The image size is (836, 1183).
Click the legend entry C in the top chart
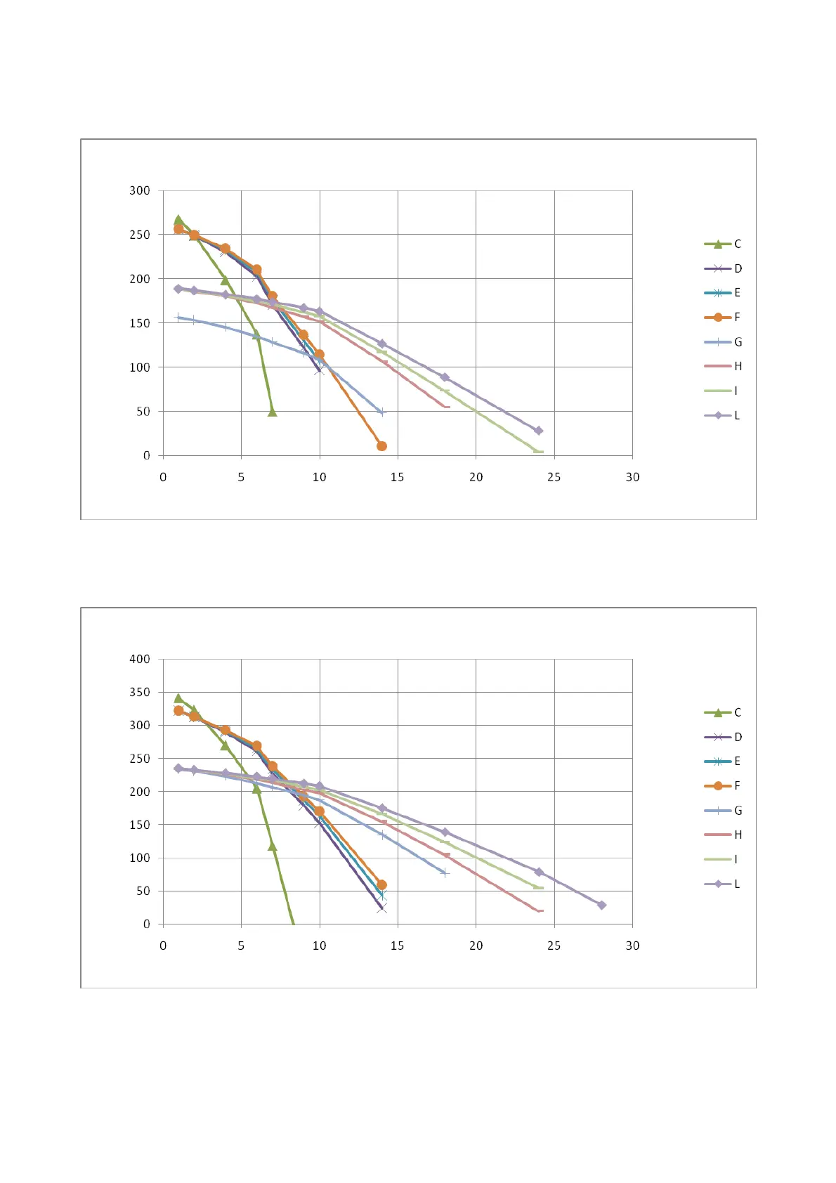pyautogui.click(x=723, y=244)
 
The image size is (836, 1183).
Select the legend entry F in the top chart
pyautogui.click(x=723, y=317)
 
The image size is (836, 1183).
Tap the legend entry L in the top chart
pyautogui.click(x=723, y=415)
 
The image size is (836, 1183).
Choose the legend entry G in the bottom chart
pyautogui.click(x=723, y=811)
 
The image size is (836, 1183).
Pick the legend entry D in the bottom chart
pyautogui.click(x=723, y=737)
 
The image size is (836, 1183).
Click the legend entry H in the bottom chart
pyautogui.click(x=723, y=835)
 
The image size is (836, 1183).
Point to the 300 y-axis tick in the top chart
pyautogui.click(x=140, y=190)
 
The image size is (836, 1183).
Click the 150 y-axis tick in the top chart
pyautogui.click(x=140, y=323)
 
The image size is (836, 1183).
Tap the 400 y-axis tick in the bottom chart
pyautogui.click(x=140, y=659)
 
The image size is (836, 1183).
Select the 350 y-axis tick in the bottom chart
pyautogui.click(x=140, y=692)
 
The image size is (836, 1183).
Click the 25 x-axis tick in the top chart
pyautogui.click(x=554, y=477)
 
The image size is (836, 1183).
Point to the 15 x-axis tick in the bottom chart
pyautogui.click(x=398, y=946)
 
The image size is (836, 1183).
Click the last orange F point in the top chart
pyautogui.click(x=381, y=446)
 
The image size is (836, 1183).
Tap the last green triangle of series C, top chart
pyautogui.click(x=273, y=412)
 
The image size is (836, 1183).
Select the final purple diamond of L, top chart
pyautogui.click(x=539, y=431)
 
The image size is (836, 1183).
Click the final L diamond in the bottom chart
pyautogui.click(x=601, y=905)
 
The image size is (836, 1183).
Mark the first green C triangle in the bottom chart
pyautogui.click(x=178, y=698)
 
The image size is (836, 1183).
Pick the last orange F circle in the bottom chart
pyautogui.click(x=381, y=885)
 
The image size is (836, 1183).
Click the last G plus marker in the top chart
pyautogui.click(x=382, y=412)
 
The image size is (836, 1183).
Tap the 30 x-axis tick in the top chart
pyautogui.click(x=632, y=477)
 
